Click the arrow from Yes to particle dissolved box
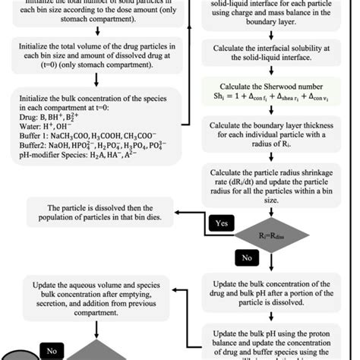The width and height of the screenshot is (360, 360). point(190,213)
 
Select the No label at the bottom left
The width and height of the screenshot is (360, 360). point(52,351)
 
